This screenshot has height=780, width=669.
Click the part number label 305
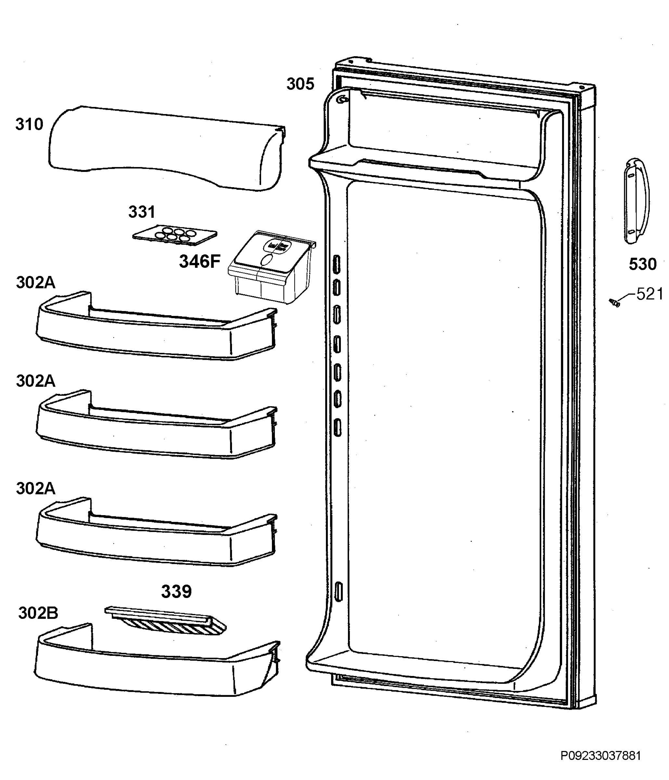(x=300, y=84)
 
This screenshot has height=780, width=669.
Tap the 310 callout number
(x=29, y=124)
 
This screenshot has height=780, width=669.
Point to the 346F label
(x=199, y=261)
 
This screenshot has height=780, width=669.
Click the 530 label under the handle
(x=643, y=264)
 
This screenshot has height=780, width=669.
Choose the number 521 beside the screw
(x=650, y=294)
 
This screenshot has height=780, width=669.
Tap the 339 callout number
(x=176, y=591)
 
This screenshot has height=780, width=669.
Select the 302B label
(x=38, y=613)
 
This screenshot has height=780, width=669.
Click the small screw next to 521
(x=614, y=302)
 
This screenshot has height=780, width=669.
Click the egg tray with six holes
(x=175, y=235)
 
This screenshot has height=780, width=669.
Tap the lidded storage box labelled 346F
(x=272, y=267)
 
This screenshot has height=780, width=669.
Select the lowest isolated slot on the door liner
(x=339, y=591)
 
